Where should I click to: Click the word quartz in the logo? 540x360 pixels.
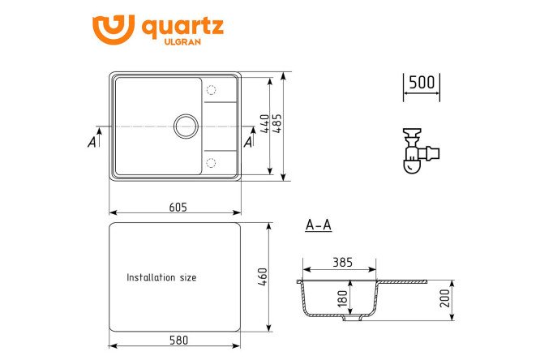[x=183, y=28]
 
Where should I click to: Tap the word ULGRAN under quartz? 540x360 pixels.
[x=182, y=41]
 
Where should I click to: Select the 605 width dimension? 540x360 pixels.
[x=178, y=207]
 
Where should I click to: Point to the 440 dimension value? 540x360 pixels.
[x=265, y=124]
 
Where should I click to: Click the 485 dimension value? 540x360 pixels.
[x=276, y=123]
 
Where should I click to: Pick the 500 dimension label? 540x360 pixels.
[x=422, y=82]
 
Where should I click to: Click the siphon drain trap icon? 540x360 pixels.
[x=421, y=151]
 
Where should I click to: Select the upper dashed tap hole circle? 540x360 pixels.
[x=211, y=90]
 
